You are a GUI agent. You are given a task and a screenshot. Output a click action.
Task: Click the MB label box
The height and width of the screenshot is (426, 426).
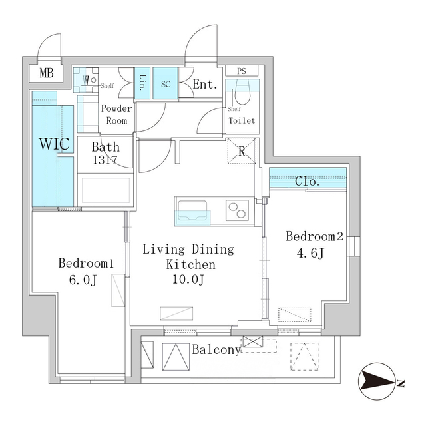click(46, 73)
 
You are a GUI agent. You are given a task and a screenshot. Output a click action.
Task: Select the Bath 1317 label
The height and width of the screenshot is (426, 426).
click(106, 153)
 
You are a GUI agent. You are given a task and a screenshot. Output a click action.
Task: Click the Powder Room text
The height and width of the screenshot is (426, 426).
click(117, 114)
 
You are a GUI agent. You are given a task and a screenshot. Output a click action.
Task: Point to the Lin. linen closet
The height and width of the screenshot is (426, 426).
click(143, 83)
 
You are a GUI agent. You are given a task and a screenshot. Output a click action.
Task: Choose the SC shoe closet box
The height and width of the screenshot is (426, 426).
click(166, 84)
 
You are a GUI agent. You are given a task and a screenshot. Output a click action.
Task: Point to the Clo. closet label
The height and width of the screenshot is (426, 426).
click(308, 180)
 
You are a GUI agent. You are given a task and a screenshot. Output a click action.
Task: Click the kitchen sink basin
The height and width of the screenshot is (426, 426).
click(193, 217)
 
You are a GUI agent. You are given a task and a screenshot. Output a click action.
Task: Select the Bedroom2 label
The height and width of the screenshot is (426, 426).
click(314, 236)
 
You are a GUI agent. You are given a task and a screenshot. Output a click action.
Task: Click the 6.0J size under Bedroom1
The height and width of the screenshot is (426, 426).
click(85, 279)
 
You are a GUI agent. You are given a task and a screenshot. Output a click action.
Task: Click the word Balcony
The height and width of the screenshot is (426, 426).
click(216, 349)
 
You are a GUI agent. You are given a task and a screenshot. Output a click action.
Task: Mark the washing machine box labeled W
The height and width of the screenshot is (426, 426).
click(86, 80)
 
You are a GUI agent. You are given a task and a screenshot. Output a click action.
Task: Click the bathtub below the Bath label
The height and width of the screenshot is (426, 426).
click(105, 189)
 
